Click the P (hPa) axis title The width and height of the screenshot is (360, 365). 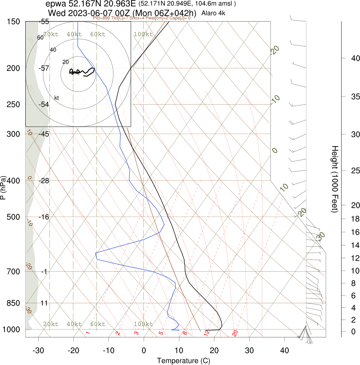3,187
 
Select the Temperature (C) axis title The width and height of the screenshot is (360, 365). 179,360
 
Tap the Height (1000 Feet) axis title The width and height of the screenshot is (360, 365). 335,179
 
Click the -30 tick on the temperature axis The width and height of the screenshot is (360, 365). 38,350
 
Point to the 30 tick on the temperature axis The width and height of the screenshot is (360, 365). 249,350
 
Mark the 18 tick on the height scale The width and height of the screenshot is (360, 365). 351,219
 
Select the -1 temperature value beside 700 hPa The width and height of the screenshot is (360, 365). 44,271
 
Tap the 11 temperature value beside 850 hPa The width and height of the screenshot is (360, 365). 44,303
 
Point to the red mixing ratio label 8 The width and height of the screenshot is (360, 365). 185,333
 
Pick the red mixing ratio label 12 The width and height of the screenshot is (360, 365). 207,332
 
